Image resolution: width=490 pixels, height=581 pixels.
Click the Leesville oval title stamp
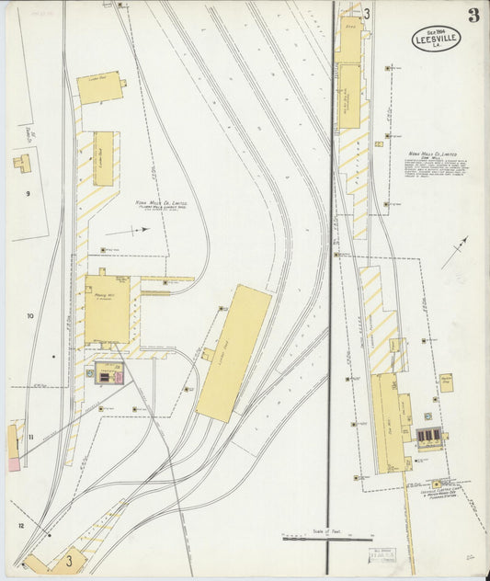click(436, 39)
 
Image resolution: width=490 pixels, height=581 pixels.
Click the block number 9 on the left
click(28, 193)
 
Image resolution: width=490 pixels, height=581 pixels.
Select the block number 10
click(29, 316)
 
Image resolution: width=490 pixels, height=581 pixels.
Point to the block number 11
click(30, 437)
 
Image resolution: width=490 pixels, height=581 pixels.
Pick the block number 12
click(20, 526)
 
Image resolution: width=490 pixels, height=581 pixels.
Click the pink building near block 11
click(14, 465)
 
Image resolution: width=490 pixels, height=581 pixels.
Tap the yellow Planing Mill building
click(107, 309)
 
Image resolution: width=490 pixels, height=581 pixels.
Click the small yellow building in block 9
click(22, 164)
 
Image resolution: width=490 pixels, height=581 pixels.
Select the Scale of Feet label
click(326, 530)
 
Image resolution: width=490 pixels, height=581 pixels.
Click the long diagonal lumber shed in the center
click(234, 352)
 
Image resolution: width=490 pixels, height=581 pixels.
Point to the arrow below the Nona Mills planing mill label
click(138, 231)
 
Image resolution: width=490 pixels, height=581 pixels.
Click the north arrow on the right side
click(454, 252)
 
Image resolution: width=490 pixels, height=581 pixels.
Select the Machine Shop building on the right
click(446, 382)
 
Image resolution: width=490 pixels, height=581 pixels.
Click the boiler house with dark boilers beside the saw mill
click(428, 436)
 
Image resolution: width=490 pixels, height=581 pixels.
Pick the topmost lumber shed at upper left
click(99, 87)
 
